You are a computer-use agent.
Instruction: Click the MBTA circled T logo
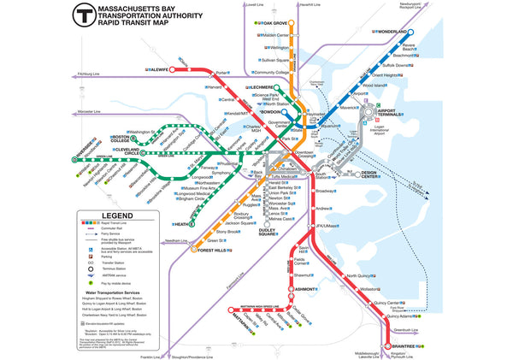coord(85,15)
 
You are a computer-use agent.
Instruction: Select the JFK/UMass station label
coord(327,226)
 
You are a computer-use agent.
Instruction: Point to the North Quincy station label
coord(362,276)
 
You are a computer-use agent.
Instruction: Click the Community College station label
coord(272,73)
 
